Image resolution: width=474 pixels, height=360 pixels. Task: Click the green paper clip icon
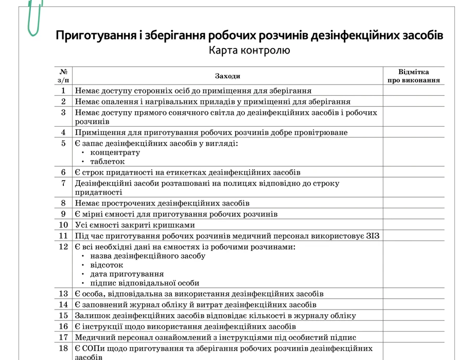click(34, 18)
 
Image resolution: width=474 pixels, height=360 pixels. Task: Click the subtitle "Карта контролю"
click(249, 50)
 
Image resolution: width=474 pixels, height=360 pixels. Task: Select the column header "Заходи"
click(227, 76)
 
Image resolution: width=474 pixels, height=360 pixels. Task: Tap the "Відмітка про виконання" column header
click(413, 76)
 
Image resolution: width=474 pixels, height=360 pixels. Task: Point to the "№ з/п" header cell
click(63, 76)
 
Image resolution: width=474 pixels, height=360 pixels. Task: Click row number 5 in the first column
click(63, 143)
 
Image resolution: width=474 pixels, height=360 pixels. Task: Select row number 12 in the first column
click(63, 247)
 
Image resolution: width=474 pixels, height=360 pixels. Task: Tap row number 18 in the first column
click(63, 348)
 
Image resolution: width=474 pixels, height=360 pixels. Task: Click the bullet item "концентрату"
click(115, 152)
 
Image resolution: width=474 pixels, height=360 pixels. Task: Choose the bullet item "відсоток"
click(107, 265)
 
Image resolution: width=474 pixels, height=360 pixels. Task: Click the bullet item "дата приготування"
click(127, 274)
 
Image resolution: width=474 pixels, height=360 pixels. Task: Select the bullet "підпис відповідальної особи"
click(144, 283)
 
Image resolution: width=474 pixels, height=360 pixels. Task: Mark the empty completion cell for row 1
click(413, 91)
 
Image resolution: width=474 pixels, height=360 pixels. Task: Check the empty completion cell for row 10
click(413, 225)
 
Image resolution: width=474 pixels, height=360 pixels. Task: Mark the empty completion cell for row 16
click(413, 327)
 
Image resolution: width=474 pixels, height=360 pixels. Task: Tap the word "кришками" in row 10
click(177, 225)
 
